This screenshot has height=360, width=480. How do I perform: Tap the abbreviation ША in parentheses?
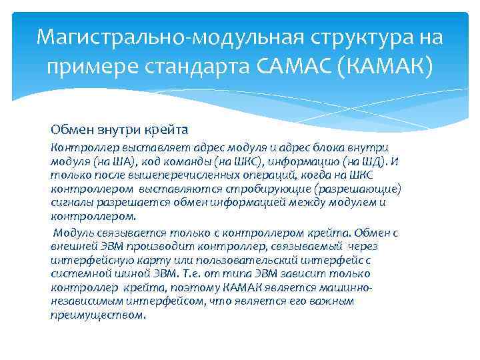[x=109, y=161]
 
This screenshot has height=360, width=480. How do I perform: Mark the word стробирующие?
[x=277, y=189]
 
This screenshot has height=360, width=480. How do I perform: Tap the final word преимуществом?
[x=97, y=315]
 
